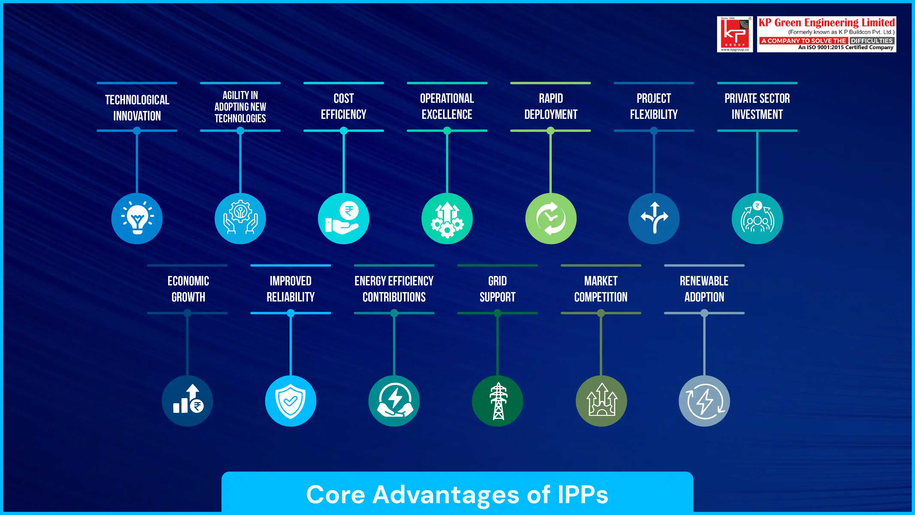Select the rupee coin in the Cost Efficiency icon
349,211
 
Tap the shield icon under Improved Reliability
291,401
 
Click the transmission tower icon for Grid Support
498,401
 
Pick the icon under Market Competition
601,401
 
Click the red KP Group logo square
735,34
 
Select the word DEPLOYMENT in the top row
550,114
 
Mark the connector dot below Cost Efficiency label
344,131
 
